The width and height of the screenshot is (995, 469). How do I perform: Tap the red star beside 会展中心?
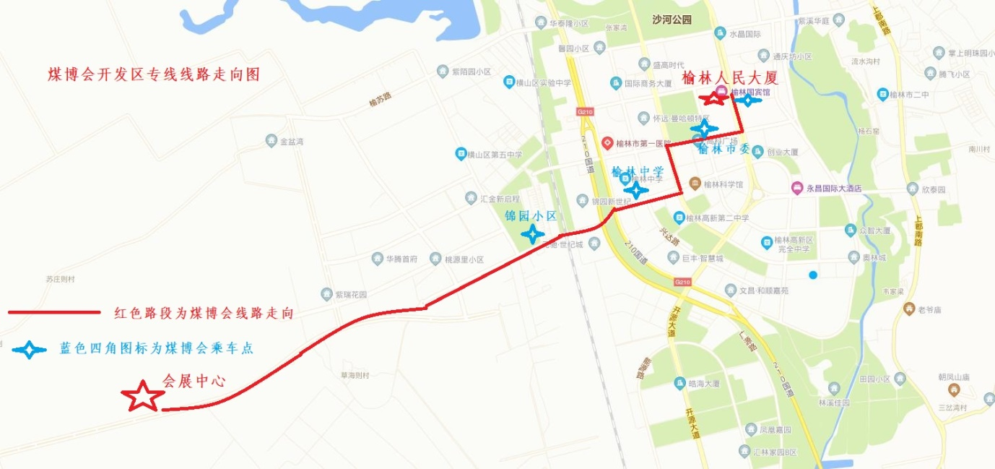[x=142, y=396]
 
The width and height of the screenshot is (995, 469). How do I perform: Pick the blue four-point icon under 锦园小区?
[x=533, y=233]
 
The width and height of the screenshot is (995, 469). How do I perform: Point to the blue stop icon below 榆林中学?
[x=636, y=190]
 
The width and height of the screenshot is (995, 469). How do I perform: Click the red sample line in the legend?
[x=53, y=312]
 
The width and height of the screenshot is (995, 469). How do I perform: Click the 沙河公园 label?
[x=671, y=20]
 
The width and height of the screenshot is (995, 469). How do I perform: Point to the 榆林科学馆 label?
[x=723, y=184]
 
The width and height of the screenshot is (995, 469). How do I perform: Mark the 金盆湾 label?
[x=292, y=142]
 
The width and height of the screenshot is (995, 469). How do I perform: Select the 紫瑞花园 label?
[x=352, y=295]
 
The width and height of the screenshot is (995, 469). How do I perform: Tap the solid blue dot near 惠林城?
[x=813, y=275]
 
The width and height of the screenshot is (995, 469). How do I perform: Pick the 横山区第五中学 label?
[x=494, y=154]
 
